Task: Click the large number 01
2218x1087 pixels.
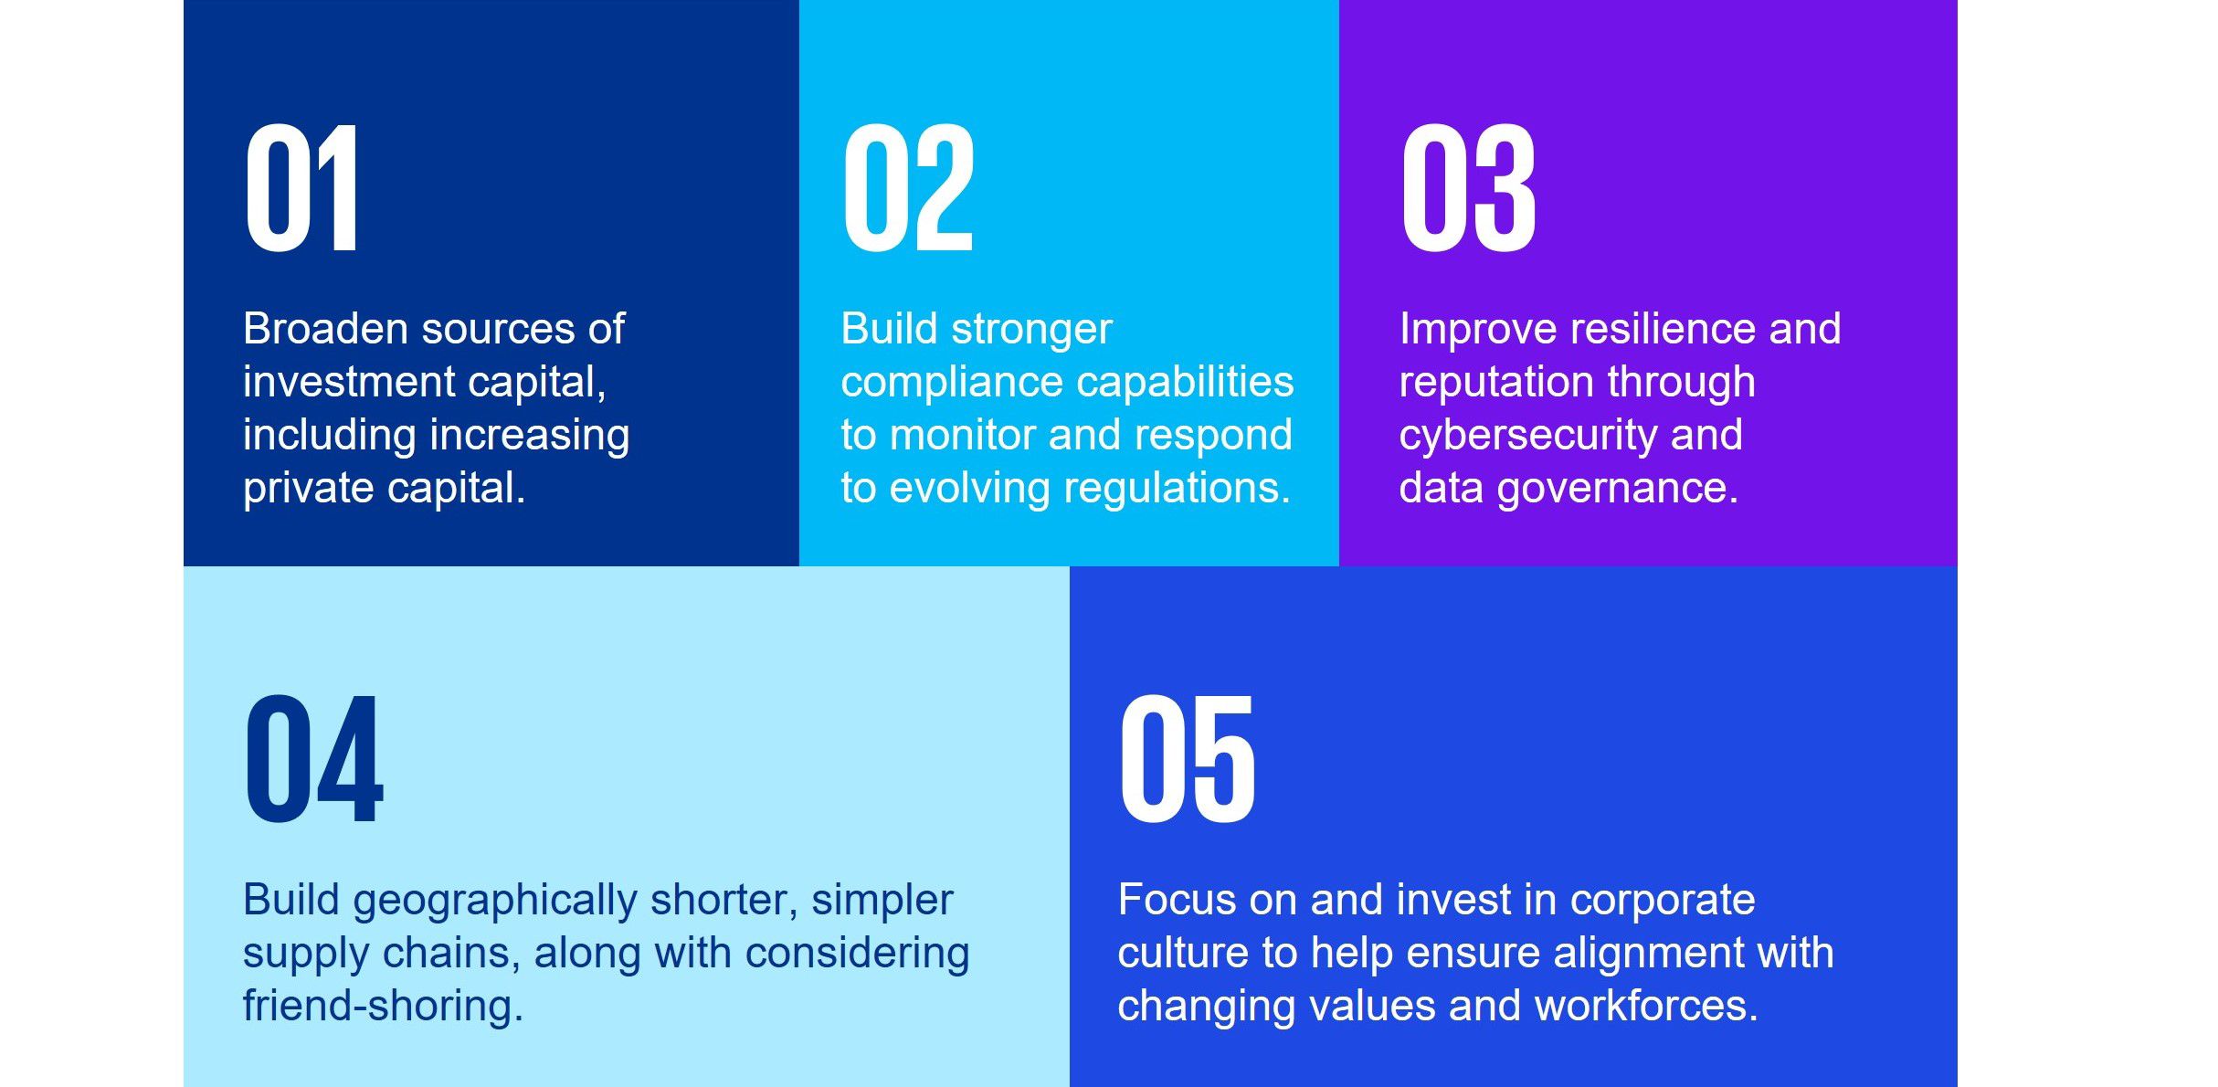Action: tap(301, 187)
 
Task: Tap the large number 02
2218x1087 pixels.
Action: tap(908, 187)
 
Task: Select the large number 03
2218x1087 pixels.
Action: tap(1469, 187)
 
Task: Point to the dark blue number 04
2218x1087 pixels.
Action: tap(313, 758)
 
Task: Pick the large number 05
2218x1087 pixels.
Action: tap(1188, 758)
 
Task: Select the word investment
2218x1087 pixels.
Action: tap(349, 382)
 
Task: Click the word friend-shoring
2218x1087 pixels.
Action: tap(383, 1008)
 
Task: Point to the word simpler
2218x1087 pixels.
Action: tap(882, 902)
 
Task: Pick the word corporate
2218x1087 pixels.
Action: tap(1663, 902)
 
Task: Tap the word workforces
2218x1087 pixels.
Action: tap(1646, 1006)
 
